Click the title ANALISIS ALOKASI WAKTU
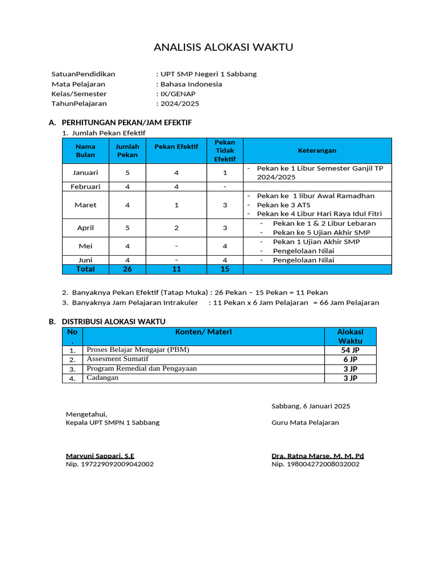click(223, 47)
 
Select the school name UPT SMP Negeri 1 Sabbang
click(208, 74)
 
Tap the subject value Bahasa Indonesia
click(191, 84)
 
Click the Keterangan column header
click(317, 151)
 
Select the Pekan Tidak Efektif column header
click(224, 151)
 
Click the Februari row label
click(85, 186)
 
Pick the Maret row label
click(85, 205)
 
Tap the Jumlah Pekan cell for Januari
click(127, 173)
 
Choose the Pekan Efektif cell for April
click(176, 228)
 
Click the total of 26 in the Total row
click(127, 269)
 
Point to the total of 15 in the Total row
click(224, 269)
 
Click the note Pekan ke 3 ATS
click(284, 205)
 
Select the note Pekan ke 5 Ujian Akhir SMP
click(321, 233)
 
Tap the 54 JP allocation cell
click(350, 350)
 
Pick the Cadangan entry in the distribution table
click(102, 378)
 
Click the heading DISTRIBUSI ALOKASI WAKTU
click(113, 322)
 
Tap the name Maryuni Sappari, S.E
click(100, 456)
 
